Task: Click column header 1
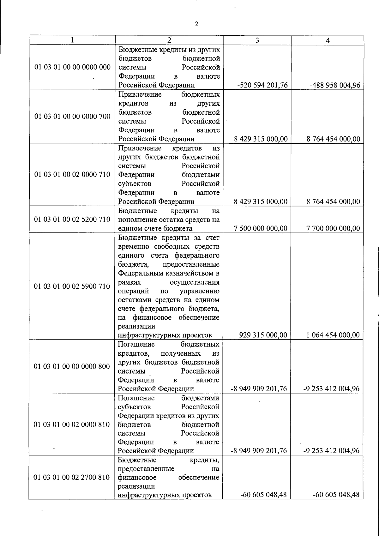(x=73, y=40)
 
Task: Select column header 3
(x=257, y=40)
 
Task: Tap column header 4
(x=328, y=40)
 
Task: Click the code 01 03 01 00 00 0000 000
(x=73, y=67)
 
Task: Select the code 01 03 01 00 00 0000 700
(x=73, y=117)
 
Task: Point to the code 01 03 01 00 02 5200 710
(x=72, y=219)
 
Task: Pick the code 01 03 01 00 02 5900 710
(x=72, y=286)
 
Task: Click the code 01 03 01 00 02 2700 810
(x=72, y=477)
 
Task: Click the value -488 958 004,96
(x=335, y=85)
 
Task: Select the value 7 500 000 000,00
(x=261, y=228)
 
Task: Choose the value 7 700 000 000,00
(x=333, y=228)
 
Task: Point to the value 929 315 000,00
(x=263, y=335)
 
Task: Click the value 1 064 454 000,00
(x=333, y=335)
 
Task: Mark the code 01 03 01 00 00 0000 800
(x=72, y=366)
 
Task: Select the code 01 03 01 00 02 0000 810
(x=72, y=424)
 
